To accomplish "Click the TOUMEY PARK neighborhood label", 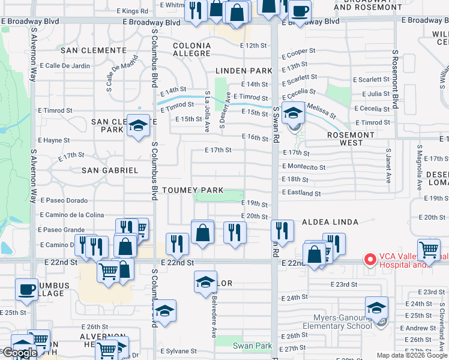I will (x=195, y=190).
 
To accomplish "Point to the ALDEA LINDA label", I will (x=330, y=222).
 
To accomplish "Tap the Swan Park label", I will (x=252, y=346).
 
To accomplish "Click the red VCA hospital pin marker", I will (x=370, y=260).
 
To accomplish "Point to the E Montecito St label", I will (x=304, y=167).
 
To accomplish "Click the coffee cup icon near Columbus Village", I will (x=26, y=289).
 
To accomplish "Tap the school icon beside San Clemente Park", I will (x=138, y=125).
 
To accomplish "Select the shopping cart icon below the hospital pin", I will (x=429, y=248).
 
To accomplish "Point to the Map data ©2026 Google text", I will (x=411, y=355).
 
